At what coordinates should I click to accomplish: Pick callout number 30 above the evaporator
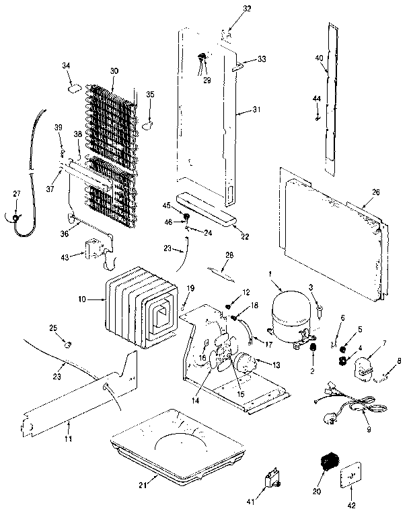[114, 71]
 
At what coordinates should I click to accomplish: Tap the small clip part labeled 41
[273, 479]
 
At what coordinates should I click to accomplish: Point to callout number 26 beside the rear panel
[375, 192]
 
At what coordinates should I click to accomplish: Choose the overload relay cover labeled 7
[364, 368]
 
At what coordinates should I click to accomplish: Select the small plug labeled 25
[67, 345]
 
